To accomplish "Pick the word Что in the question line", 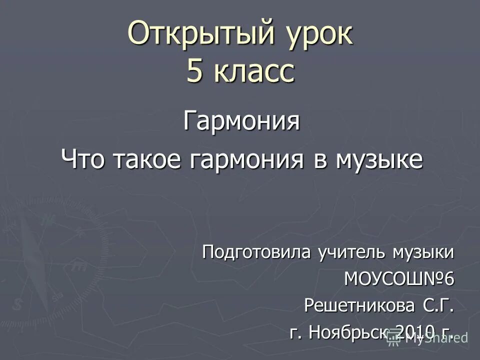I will tap(84, 160).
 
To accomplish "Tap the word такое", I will tap(149, 160).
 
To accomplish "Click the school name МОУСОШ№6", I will tap(399, 278).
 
